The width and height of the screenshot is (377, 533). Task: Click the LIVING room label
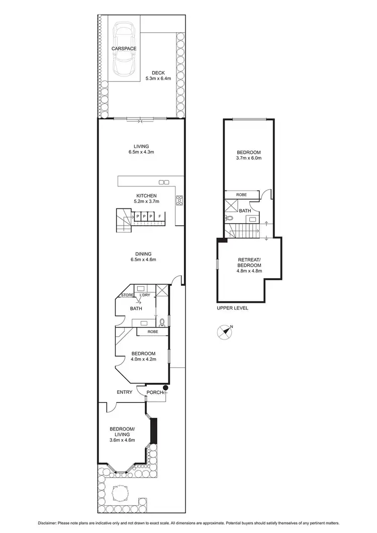[141, 146]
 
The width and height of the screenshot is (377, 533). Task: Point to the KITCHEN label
[147, 195]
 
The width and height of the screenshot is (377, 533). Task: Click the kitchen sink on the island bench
[163, 181]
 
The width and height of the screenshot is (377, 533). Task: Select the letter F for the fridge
[159, 217]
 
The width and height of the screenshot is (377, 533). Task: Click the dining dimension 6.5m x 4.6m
[144, 260]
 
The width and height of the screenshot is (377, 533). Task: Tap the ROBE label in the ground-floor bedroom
[153, 332]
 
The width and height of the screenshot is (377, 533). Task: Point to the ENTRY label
[125, 392]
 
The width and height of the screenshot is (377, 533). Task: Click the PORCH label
[154, 392]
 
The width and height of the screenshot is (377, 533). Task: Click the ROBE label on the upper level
[241, 193]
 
